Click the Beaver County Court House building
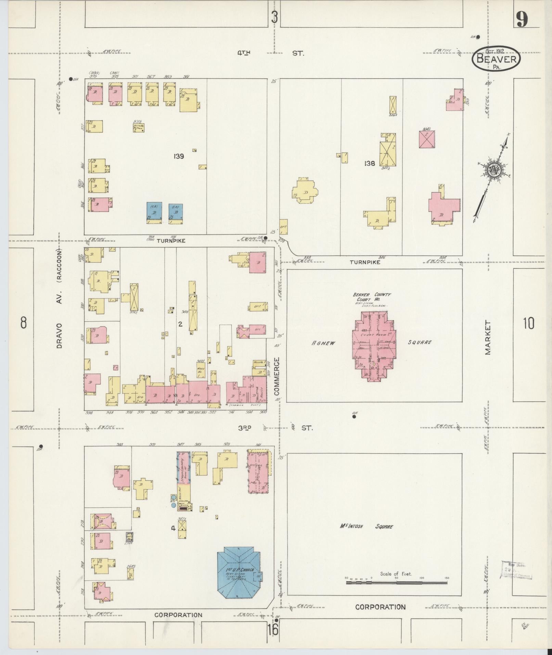pyautogui.click(x=374, y=346)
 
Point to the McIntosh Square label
pyautogui.click(x=366, y=526)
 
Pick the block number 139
pyautogui.click(x=179, y=156)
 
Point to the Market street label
pyautogui.click(x=488, y=337)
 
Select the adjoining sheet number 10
pyautogui.click(x=528, y=323)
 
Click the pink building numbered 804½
pyautogui.click(x=427, y=139)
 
